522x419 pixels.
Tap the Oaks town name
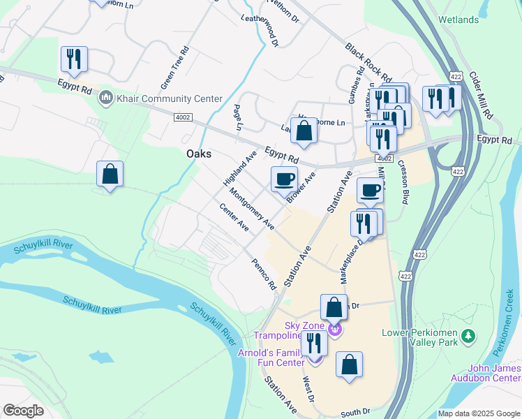tap(198, 154)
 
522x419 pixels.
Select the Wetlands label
tap(457, 21)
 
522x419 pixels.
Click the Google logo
tap(23, 411)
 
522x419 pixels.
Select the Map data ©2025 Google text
tap(479, 413)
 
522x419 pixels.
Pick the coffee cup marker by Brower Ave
tap(284, 179)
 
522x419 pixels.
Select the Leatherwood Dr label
tap(260, 31)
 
